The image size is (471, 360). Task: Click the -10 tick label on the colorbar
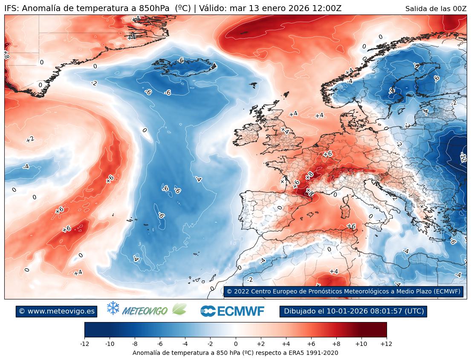click(x=110, y=343)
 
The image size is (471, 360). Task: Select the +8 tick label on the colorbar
click(x=336, y=343)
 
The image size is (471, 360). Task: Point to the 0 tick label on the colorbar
click(x=235, y=343)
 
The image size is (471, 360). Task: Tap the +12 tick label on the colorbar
click(x=386, y=343)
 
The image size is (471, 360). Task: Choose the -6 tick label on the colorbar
click(x=160, y=343)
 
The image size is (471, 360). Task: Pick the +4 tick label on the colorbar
click(x=286, y=343)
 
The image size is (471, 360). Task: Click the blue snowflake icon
click(x=113, y=308)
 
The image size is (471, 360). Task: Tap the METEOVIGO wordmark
click(x=144, y=311)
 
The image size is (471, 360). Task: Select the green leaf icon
click(x=179, y=309)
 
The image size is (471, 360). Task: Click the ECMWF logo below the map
click(x=232, y=311)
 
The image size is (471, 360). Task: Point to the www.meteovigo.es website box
click(x=57, y=311)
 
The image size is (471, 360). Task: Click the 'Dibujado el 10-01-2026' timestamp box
click(x=353, y=311)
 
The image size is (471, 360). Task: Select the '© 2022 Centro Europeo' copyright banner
click(x=343, y=291)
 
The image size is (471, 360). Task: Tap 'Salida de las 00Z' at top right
click(x=436, y=9)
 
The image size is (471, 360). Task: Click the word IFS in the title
click(x=11, y=9)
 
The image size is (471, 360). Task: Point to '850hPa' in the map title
click(x=155, y=9)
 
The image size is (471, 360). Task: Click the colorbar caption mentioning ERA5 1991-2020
click(x=235, y=353)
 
